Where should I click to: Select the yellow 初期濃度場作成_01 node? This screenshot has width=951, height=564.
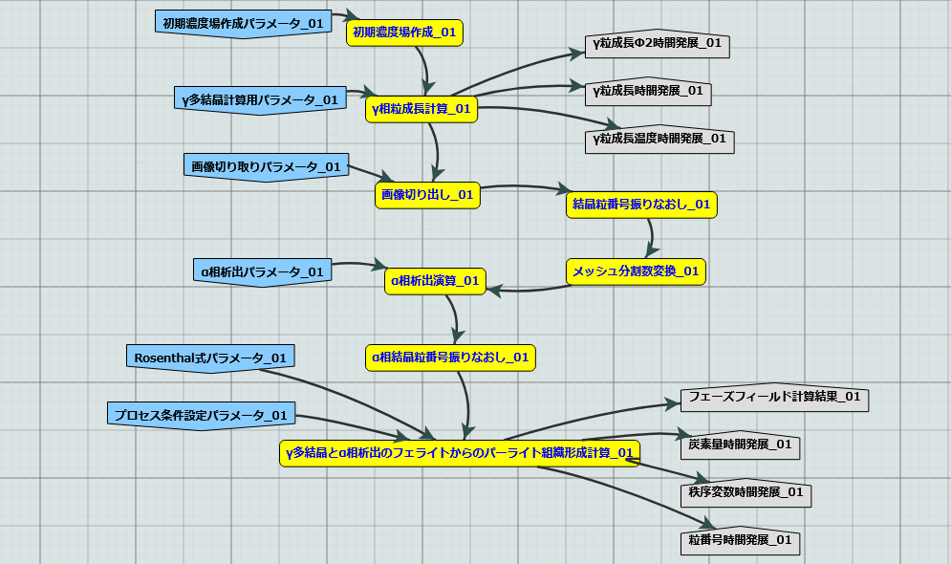click(x=404, y=33)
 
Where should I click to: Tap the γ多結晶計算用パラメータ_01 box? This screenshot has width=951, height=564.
click(x=259, y=99)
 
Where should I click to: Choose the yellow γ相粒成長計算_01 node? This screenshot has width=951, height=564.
click(x=421, y=109)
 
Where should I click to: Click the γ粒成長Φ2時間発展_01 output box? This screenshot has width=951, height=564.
click(x=658, y=44)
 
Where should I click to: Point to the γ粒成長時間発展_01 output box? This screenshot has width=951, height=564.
click(x=648, y=92)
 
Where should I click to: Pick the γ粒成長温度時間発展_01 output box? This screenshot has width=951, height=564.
click(x=659, y=140)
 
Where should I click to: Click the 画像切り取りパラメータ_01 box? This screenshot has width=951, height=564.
click(x=266, y=166)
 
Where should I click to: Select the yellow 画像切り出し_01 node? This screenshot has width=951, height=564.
click(x=427, y=195)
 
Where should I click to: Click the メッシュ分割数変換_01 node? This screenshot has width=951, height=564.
click(x=636, y=271)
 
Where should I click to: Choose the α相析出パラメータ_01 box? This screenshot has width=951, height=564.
click(x=262, y=272)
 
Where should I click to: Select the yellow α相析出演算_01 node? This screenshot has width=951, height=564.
click(x=435, y=281)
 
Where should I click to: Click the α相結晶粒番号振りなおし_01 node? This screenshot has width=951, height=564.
click(x=450, y=358)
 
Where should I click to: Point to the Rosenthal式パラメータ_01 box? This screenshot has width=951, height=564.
click(x=210, y=358)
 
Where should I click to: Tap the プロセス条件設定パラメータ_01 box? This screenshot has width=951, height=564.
click(x=201, y=416)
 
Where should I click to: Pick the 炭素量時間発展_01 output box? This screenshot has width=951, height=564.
click(x=740, y=445)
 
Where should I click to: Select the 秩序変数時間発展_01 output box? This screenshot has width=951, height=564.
click(x=746, y=493)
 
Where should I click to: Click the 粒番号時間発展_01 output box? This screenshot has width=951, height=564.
click(x=741, y=541)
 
